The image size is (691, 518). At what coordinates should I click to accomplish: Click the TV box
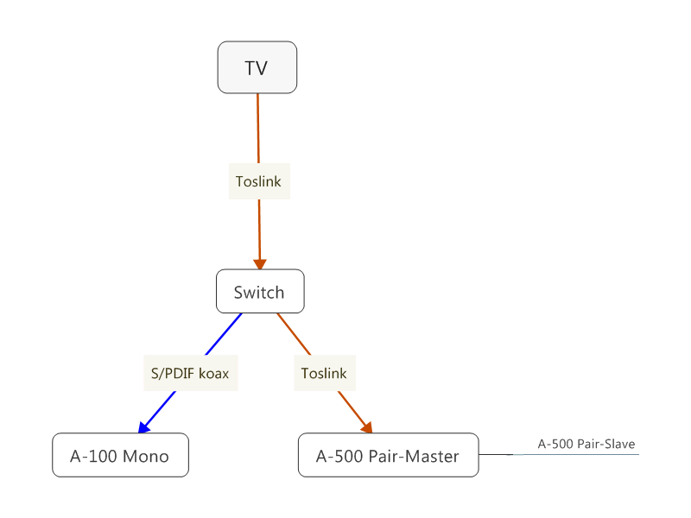[257, 67]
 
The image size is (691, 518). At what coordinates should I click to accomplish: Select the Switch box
[259, 292]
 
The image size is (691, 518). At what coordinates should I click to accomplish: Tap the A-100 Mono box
[120, 455]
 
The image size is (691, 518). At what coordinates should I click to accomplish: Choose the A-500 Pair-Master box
[388, 455]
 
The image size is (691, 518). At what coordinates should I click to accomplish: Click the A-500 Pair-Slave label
[586, 445]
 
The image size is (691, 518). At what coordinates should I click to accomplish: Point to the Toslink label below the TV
[259, 181]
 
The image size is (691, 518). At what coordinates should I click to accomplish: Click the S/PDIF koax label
[190, 374]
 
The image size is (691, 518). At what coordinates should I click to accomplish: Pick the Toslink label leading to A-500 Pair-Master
[324, 374]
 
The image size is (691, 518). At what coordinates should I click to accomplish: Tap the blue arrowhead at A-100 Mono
[143, 426]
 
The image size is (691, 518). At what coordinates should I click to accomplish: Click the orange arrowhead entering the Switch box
[259, 264]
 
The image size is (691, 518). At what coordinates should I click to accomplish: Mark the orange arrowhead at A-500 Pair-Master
[367, 427]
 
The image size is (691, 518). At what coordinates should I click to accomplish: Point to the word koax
[214, 374]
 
